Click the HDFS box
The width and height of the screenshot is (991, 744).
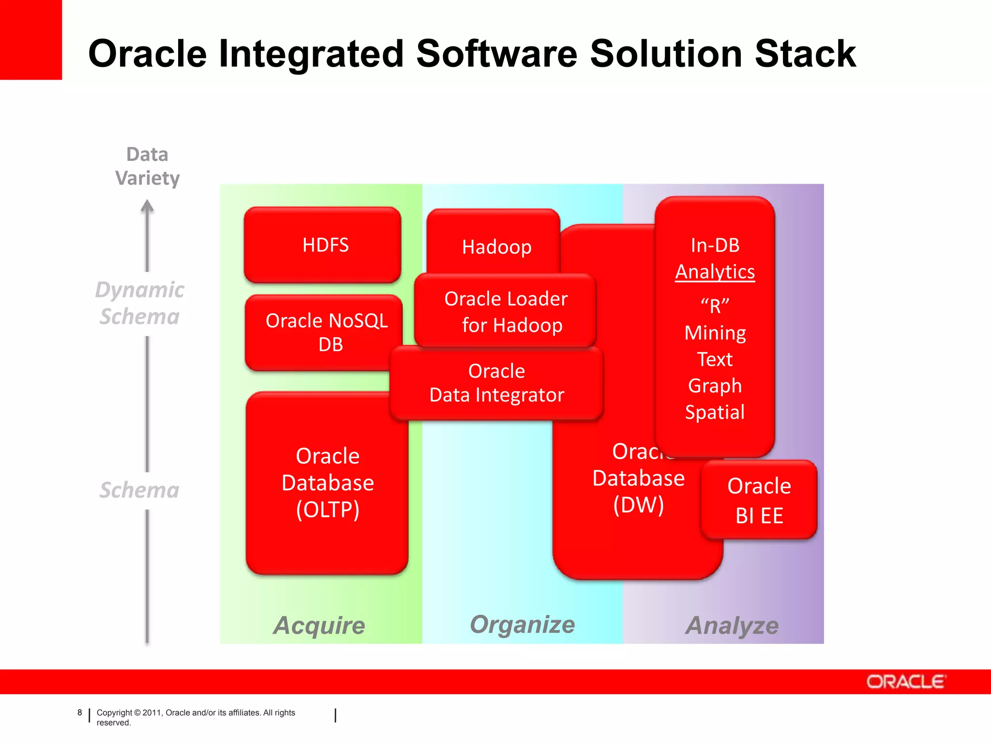323,245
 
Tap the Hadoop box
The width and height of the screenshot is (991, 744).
494,242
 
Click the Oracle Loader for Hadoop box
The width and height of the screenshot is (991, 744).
505,311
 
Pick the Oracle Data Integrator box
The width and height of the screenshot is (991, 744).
496,383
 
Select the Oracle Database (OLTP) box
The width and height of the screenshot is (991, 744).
327,483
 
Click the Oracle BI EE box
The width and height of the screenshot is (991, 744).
759,500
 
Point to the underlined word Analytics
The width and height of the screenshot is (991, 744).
715,272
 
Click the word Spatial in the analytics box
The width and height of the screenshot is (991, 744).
715,412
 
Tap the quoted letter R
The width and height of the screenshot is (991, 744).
715,306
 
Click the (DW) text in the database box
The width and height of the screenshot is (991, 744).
638,505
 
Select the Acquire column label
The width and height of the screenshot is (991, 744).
319,625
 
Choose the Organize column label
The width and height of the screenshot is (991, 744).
523,624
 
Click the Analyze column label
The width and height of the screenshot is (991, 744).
732,625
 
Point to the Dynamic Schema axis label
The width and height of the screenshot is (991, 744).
139,303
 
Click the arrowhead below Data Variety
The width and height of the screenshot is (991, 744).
147,207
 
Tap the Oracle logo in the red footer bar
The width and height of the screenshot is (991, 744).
905,682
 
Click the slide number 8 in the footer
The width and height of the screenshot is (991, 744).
80,713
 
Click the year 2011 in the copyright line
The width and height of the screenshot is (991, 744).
152,713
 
